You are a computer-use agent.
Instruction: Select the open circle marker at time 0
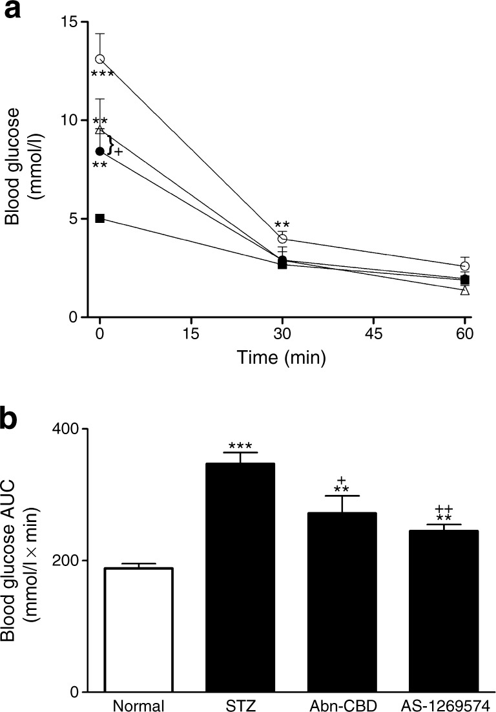tap(100, 59)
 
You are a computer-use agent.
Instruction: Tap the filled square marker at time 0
tap(100, 218)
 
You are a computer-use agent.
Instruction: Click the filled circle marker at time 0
tap(100, 151)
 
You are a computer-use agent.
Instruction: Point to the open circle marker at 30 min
tap(282, 239)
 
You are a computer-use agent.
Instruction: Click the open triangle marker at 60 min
tap(465, 291)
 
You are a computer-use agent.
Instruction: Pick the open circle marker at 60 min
tap(465, 266)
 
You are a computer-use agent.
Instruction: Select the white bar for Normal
tap(141, 630)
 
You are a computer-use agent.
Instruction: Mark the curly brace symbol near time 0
tap(111, 145)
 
